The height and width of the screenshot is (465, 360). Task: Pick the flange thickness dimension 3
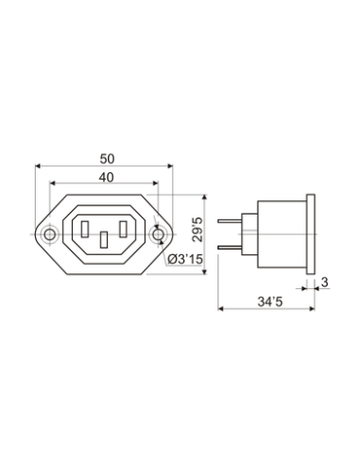point(324,282)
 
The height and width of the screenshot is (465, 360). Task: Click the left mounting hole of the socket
point(49,233)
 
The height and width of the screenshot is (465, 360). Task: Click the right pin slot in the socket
point(124,228)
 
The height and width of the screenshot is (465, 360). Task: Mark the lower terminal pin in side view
point(229,248)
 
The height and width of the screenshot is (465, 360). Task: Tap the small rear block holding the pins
point(249,233)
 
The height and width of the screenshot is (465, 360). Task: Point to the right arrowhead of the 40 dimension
point(156,182)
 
